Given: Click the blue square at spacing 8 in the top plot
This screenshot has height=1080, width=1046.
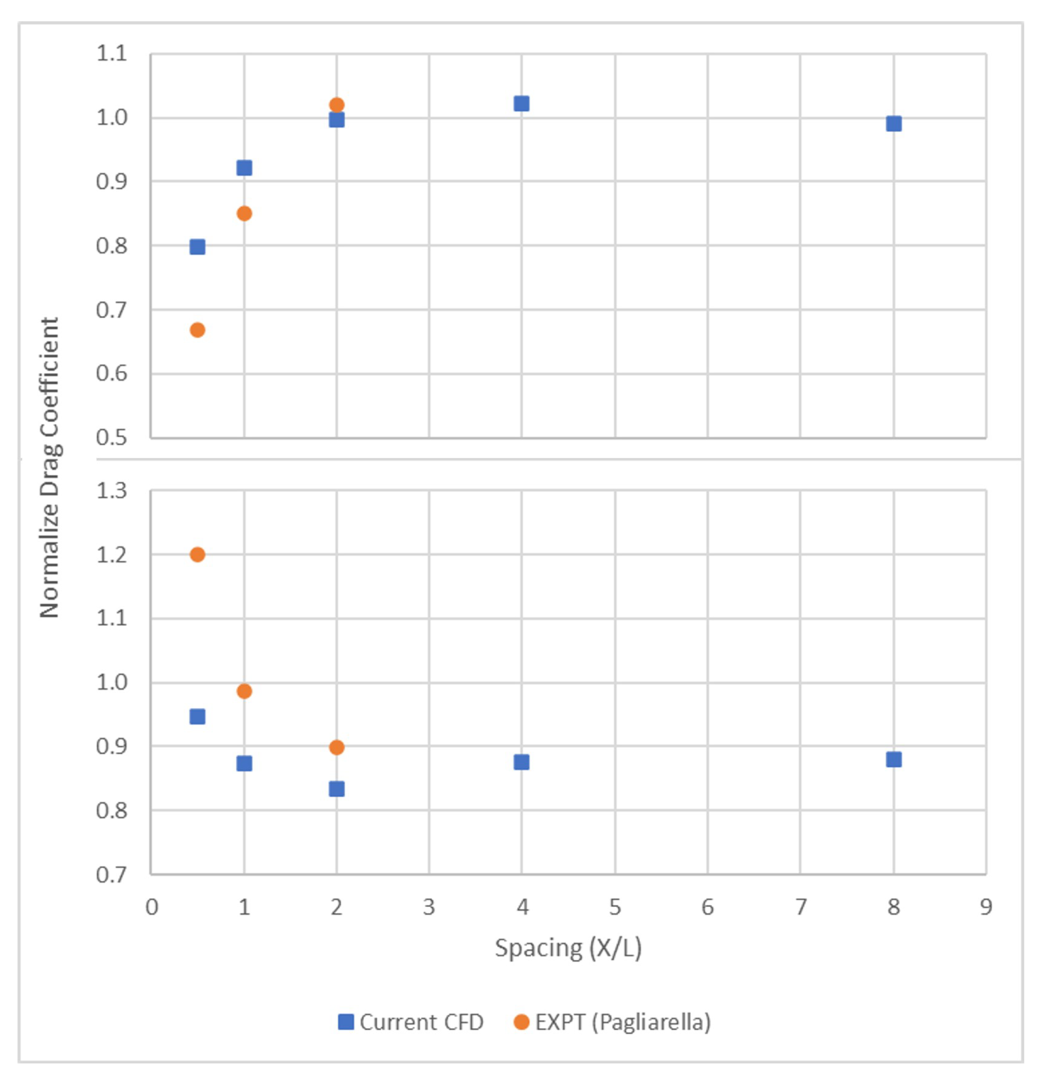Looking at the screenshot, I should point(894,123).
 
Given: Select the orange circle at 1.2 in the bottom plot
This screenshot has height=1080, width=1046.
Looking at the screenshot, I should point(197,554).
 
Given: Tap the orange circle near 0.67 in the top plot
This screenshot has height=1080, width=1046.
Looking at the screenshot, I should point(197,330).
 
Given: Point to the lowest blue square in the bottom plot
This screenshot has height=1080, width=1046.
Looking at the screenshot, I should point(336,789).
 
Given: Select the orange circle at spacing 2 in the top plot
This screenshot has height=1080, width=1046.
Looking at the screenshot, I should point(336,105).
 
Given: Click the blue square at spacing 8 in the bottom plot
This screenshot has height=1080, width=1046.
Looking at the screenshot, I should point(894,759).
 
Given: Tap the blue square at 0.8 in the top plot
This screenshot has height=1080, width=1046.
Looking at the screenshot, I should point(197,246).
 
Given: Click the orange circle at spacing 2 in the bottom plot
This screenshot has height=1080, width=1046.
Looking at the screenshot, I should point(336,748).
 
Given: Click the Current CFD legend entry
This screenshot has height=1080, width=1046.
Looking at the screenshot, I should point(411,1022).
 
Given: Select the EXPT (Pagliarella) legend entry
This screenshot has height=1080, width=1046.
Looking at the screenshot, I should point(612,1022).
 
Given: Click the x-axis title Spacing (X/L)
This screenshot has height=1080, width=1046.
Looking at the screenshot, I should point(568,948).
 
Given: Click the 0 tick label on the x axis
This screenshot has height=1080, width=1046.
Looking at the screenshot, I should point(152,907).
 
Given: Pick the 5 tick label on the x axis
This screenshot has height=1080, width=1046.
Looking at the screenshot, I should point(615,907).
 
